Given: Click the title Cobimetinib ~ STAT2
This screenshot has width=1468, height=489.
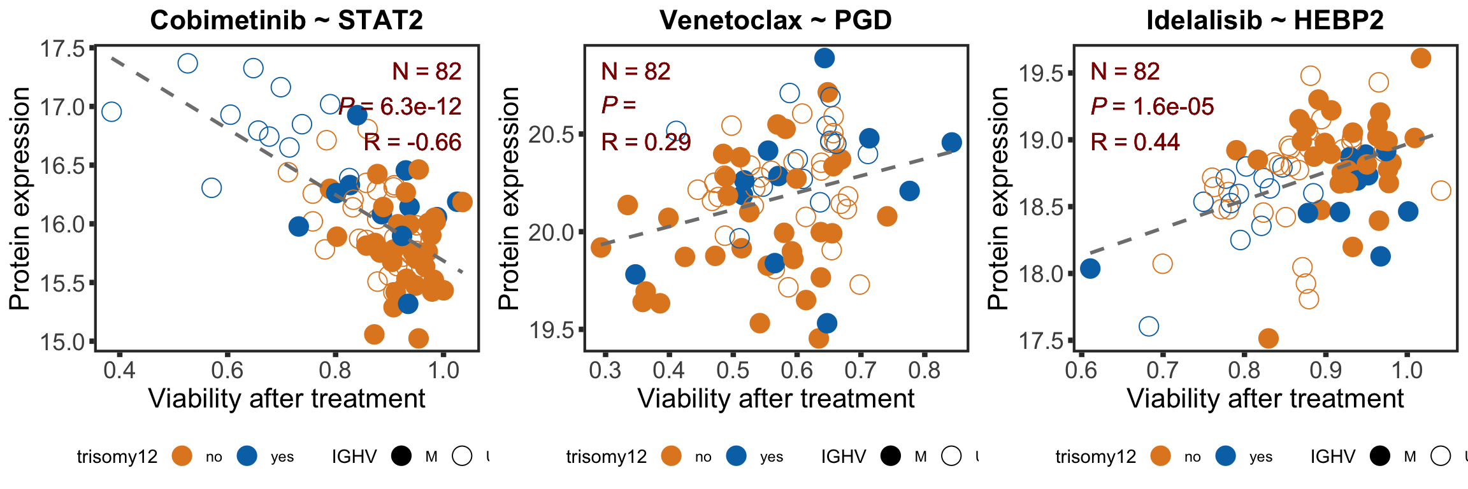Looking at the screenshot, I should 286,20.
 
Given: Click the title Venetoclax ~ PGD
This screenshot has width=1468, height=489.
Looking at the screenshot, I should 775,20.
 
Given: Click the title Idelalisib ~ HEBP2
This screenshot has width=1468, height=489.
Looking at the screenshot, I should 1265,20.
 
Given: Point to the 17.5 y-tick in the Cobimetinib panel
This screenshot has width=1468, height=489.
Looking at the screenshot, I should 62,48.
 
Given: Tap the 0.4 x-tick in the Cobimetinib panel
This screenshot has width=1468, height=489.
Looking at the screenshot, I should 119,369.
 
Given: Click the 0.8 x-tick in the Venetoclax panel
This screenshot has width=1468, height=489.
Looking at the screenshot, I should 925,369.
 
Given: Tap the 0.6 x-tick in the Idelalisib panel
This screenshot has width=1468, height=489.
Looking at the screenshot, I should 1081,369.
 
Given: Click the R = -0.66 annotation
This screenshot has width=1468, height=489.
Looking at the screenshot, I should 412,142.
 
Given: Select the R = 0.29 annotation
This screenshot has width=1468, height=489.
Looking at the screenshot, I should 645,142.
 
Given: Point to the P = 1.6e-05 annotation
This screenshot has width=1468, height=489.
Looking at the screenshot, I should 1152,106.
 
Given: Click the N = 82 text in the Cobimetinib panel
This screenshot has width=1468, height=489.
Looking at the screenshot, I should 426,71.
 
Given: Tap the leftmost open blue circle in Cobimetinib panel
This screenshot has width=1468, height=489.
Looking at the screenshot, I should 112,112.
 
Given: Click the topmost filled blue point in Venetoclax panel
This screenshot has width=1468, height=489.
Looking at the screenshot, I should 824,58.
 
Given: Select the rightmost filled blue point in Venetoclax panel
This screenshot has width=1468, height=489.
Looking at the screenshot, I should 951,142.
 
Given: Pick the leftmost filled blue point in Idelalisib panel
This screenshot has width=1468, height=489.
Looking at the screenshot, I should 1090,269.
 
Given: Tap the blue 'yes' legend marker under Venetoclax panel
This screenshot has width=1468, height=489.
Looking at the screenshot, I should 736,456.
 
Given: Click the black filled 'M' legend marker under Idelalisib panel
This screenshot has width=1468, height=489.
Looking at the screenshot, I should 1381,456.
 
